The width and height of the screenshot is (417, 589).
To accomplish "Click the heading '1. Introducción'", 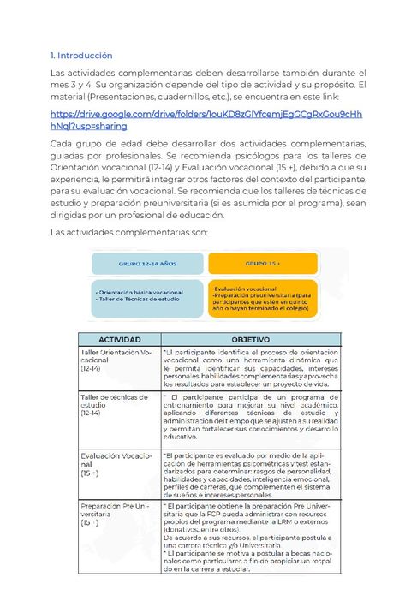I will pyautogui.click(x=81, y=56).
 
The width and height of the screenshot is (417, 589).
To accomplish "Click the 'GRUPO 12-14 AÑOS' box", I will pyautogui.click(x=147, y=265).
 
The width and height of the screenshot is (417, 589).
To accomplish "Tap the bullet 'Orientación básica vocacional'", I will pyautogui.click(x=141, y=292).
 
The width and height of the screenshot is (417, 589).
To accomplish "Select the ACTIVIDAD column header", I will pyautogui.click(x=119, y=339).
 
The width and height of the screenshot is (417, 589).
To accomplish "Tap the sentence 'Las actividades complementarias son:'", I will pyautogui.click(x=124, y=232).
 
